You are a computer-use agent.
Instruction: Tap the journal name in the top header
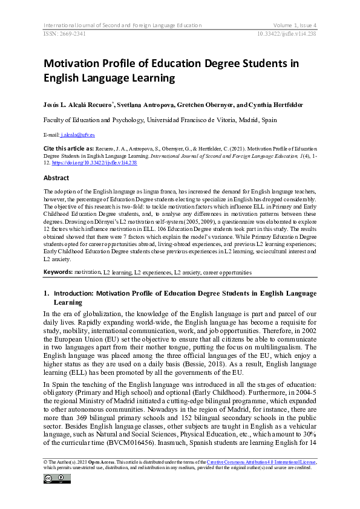[122, 25]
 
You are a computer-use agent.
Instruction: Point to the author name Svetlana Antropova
[179, 106]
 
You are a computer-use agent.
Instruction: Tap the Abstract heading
[56, 178]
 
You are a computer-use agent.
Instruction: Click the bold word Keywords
[57, 272]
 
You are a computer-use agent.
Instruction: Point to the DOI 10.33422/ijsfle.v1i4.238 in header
[283, 34]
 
